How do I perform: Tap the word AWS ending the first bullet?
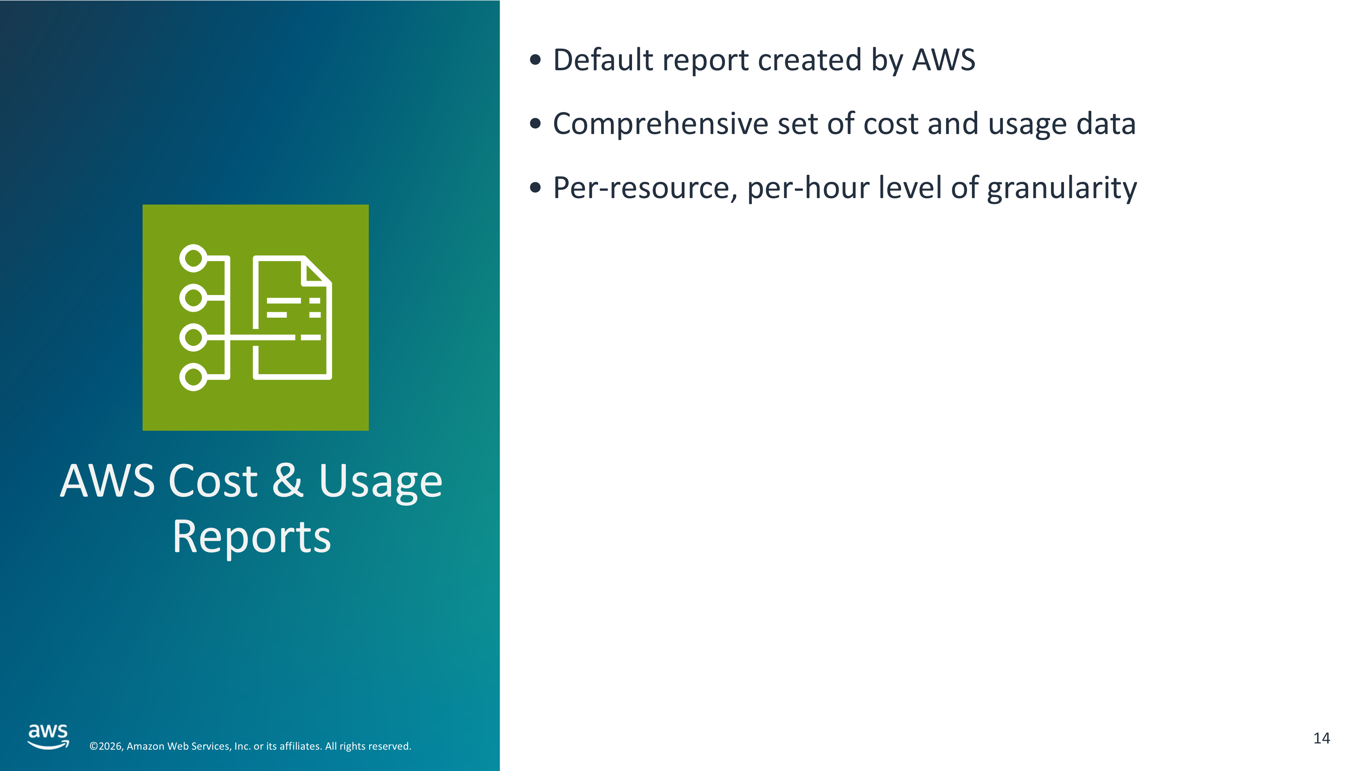pos(944,60)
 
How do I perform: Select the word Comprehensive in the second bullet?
pos(660,124)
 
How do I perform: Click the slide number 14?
pos(1322,738)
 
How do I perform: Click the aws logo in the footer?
pos(48,736)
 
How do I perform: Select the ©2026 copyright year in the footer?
pos(107,746)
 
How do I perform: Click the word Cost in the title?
pos(213,480)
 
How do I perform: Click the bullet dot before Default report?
pos(535,60)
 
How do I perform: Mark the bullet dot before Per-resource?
pos(535,188)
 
